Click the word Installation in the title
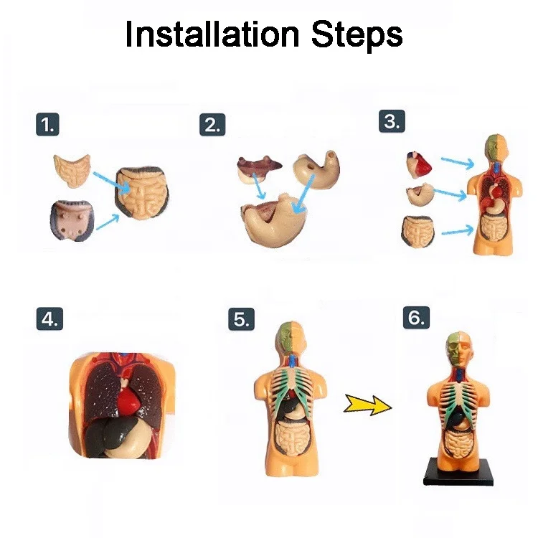212,34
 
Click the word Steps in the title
357,36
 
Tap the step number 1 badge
47,124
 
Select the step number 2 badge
212,125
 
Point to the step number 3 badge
392,121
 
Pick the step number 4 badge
49,318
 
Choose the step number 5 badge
242,319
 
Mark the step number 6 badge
416,317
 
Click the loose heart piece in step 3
418,166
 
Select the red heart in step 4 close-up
130,399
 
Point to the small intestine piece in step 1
72,171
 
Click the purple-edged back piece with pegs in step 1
72,221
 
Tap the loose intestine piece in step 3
417,232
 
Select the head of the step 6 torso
460,348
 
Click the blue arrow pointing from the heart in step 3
458,163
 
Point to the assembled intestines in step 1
142,193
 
